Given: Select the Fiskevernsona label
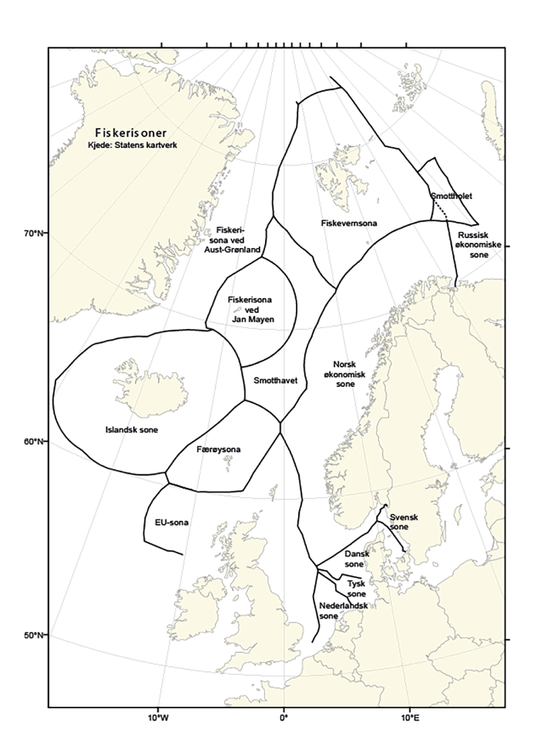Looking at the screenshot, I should [x=348, y=223].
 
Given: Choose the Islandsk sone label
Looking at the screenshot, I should [x=131, y=429].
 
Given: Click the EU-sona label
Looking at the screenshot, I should [x=172, y=522].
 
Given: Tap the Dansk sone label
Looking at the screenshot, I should [x=354, y=559].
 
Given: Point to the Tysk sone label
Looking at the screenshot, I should [x=357, y=589].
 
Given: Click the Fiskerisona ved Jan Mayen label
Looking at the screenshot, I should [x=252, y=308].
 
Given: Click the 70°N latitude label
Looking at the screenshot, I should [x=35, y=233].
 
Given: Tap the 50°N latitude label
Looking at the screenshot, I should [x=35, y=635].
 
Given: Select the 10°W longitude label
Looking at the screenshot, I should [x=159, y=718].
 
